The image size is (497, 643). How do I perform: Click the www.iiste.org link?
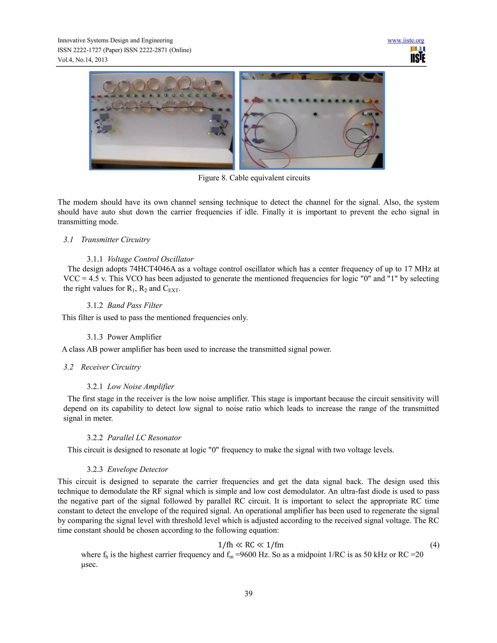(x=406, y=41)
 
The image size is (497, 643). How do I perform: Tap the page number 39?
(x=248, y=593)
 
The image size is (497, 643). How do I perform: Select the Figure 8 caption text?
(x=254, y=178)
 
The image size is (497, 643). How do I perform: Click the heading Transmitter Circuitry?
(x=116, y=240)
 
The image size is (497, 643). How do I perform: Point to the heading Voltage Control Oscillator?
(x=150, y=259)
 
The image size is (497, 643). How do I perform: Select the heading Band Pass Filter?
(x=134, y=305)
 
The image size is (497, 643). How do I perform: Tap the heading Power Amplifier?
(x=134, y=337)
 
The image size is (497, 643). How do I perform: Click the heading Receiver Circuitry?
(x=111, y=367)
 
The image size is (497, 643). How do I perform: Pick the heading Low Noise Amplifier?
(x=141, y=387)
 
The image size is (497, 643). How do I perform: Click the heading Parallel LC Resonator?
(x=144, y=438)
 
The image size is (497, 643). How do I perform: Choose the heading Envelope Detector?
(x=138, y=469)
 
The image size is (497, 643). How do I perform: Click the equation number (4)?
(x=434, y=545)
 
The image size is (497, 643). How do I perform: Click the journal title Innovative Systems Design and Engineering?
(x=115, y=41)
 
